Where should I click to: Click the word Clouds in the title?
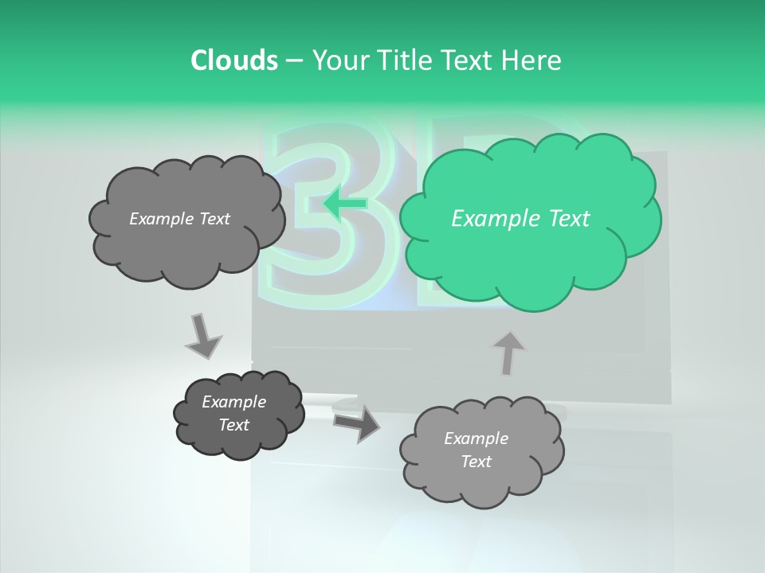[233, 60]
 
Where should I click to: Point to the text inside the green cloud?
[520, 219]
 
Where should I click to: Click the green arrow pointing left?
[345, 204]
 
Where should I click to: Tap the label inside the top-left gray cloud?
[179, 219]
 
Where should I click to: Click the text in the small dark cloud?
[233, 413]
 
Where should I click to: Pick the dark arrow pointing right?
[356, 423]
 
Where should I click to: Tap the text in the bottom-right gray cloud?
[476, 450]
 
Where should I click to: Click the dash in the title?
[293, 61]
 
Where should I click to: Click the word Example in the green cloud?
[489, 219]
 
